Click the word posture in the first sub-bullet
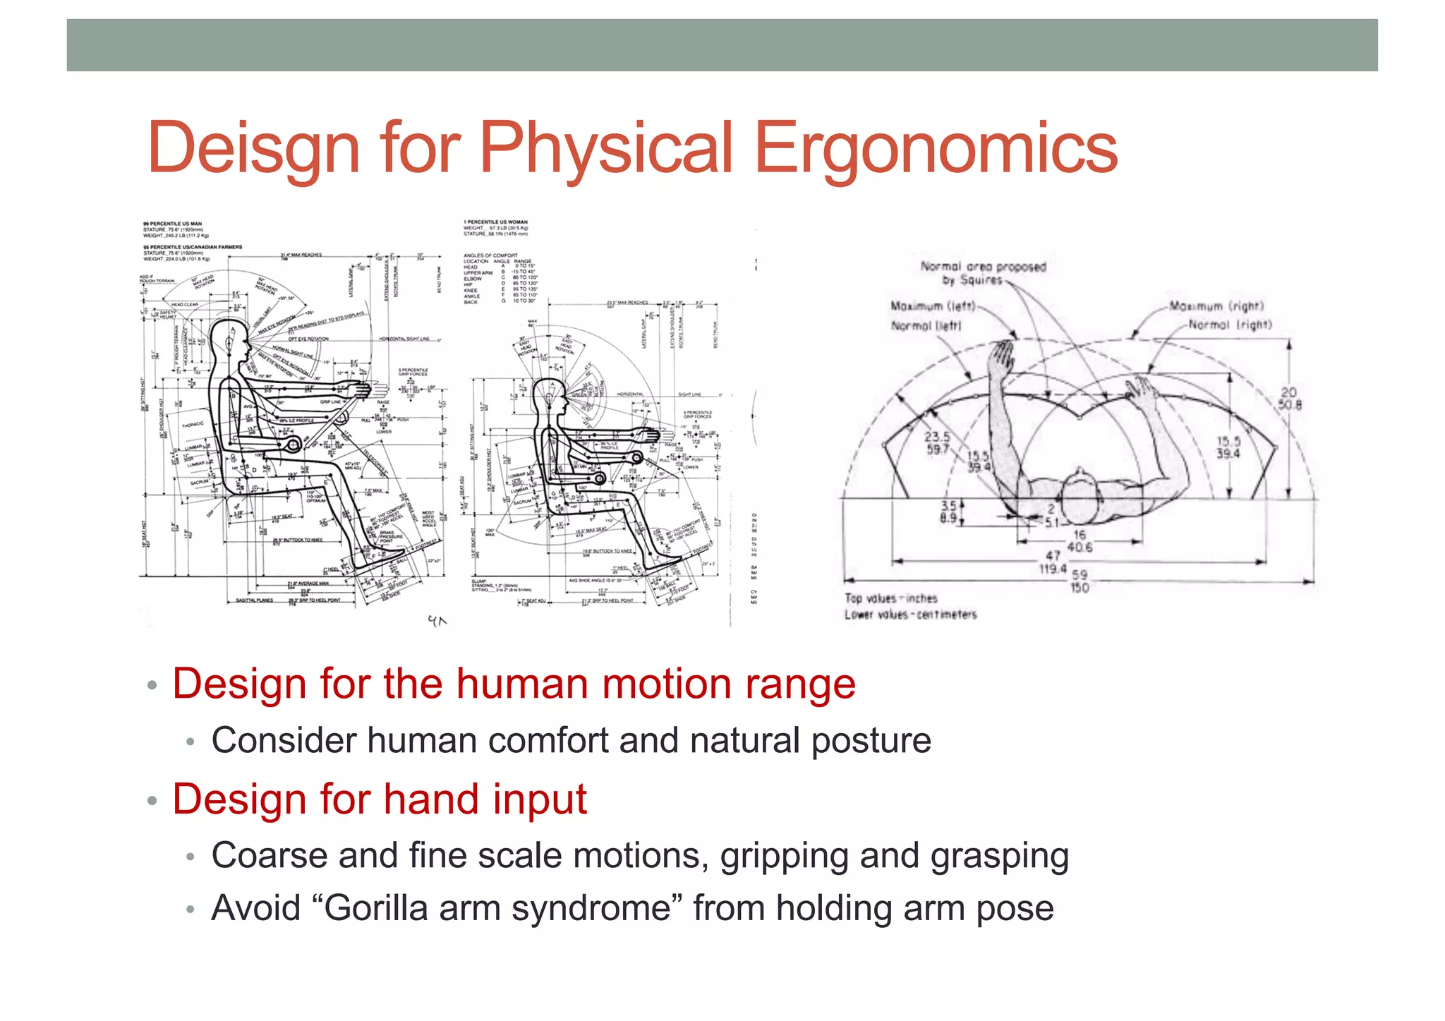tap(871, 741)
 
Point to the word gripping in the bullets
tap(784, 856)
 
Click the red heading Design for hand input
tap(380, 799)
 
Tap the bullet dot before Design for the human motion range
tap(151, 686)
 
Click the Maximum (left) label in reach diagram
tap(933, 306)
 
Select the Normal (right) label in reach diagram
tap(1230, 325)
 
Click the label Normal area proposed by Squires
tap(982, 273)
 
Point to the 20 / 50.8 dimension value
tap(1289, 398)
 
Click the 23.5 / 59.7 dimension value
tap(937, 442)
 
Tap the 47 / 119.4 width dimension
tap(1052, 562)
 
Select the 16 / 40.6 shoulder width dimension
tap(1079, 540)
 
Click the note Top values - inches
tap(890, 598)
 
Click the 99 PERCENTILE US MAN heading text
tap(172, 224)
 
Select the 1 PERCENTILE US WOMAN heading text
tap(495, 222)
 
